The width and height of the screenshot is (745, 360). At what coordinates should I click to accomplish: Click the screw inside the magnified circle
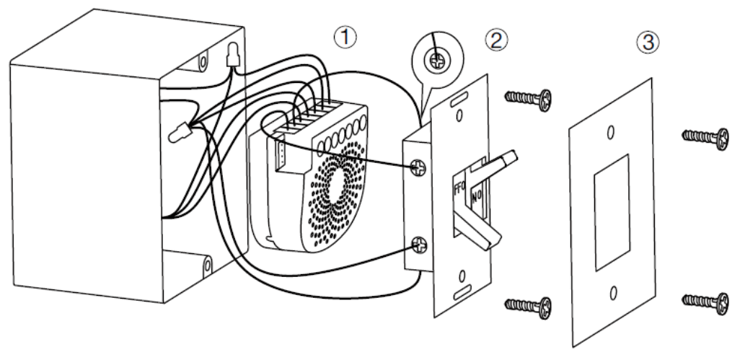436,62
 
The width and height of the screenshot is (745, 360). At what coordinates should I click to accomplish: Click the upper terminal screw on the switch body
419,167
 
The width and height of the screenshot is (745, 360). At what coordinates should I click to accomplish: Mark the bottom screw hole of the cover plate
612,292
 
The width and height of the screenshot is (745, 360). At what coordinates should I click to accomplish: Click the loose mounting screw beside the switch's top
528,96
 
